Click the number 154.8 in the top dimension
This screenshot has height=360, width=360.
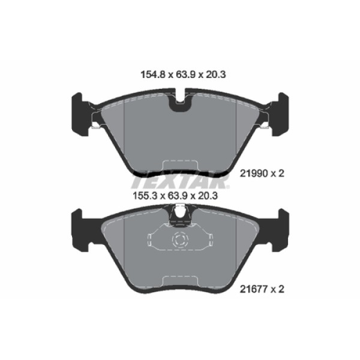tap(153, 74)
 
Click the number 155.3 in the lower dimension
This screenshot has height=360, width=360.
tap(145, 196)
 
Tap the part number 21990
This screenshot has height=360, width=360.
tap(254, 173)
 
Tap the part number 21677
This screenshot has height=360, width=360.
tap(254, 289)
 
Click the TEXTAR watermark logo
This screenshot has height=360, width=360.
tap(181, 180)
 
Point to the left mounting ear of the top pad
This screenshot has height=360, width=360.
tap(80, 114)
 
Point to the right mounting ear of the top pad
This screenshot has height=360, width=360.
tap(279, 114)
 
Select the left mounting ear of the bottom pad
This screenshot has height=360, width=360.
tap(80, 230)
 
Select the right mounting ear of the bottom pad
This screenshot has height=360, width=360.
tap(279, 230)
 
